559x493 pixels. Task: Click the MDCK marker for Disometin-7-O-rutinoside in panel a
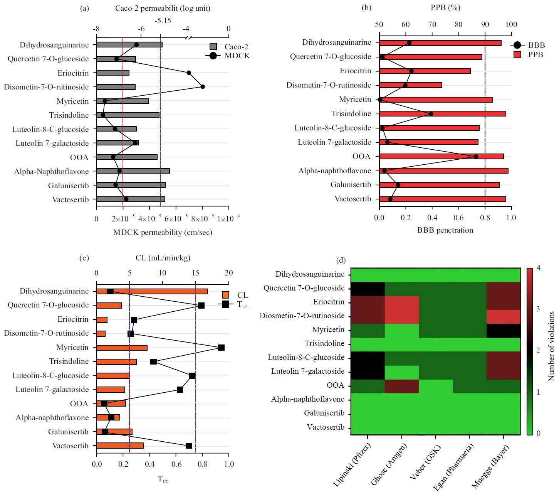203,87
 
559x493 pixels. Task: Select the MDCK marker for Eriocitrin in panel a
189,73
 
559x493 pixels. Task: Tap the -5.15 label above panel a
163,20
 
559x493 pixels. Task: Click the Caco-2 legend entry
229,47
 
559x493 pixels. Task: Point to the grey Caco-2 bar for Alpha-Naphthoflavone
133,171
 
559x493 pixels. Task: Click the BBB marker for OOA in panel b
476,157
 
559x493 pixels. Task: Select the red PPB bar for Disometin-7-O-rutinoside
410,85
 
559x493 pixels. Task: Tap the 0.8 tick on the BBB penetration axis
485,218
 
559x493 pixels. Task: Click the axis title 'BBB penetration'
445,230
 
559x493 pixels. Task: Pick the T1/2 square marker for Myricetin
221,348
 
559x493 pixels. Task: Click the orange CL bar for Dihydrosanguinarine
152,291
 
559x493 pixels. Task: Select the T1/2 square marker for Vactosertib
189,446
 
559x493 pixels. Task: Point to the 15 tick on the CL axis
195,273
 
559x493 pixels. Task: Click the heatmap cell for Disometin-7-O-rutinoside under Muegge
503,317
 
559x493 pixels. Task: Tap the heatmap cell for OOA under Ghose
401,386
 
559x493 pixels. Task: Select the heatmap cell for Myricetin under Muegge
503,331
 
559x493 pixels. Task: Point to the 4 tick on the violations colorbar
538,268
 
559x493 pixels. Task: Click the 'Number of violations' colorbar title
551,346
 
